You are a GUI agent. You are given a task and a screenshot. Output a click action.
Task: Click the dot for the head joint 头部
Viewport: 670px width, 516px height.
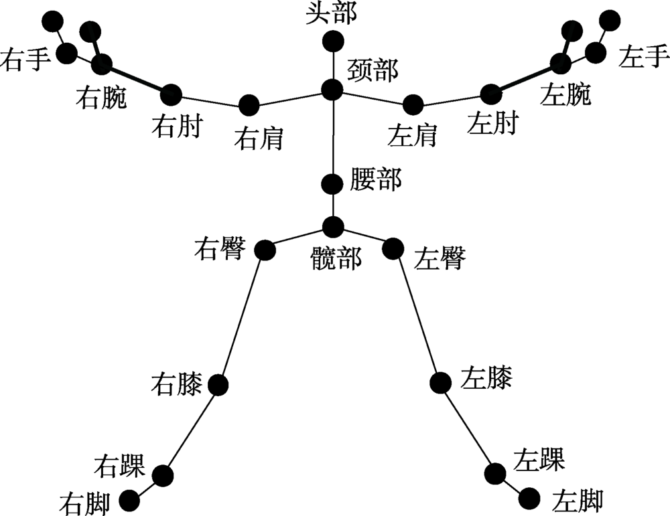click(332, 42)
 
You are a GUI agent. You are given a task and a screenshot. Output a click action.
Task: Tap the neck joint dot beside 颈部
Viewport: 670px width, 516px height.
click(332, 90)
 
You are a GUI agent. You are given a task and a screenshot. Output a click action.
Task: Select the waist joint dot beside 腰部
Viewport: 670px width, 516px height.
click(332, 183)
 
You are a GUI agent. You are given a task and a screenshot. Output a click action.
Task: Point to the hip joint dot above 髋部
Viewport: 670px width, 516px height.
click(332, 226)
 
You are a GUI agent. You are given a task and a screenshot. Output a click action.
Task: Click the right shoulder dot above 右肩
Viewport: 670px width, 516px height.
click(249, 105)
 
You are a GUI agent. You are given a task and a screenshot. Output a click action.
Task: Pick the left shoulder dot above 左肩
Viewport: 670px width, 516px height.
click(413, 104)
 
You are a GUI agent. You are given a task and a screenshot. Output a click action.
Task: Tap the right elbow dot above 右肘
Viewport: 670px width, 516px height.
click(172, 94)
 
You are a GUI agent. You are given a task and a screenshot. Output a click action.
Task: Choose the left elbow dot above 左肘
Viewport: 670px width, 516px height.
click(491, 94)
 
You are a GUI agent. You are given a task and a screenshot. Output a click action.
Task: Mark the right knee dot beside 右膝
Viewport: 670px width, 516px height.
click(218, 385)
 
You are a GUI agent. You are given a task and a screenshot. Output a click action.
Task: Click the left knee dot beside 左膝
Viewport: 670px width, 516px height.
click(441, 383)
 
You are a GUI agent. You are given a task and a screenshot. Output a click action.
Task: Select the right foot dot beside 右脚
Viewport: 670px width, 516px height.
click(129, 499)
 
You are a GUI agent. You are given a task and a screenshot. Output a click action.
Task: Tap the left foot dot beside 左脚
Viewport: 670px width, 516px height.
click(529, 497)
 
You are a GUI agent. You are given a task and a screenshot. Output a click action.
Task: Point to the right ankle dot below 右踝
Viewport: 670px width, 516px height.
click(163, 476)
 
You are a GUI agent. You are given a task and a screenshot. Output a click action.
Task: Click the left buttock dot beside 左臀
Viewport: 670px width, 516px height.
click(393, 248)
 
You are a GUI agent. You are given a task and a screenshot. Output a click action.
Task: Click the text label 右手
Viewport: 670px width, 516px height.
click(25, 60)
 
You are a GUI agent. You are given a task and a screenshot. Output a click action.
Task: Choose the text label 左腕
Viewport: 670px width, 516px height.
click(565, 95)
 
